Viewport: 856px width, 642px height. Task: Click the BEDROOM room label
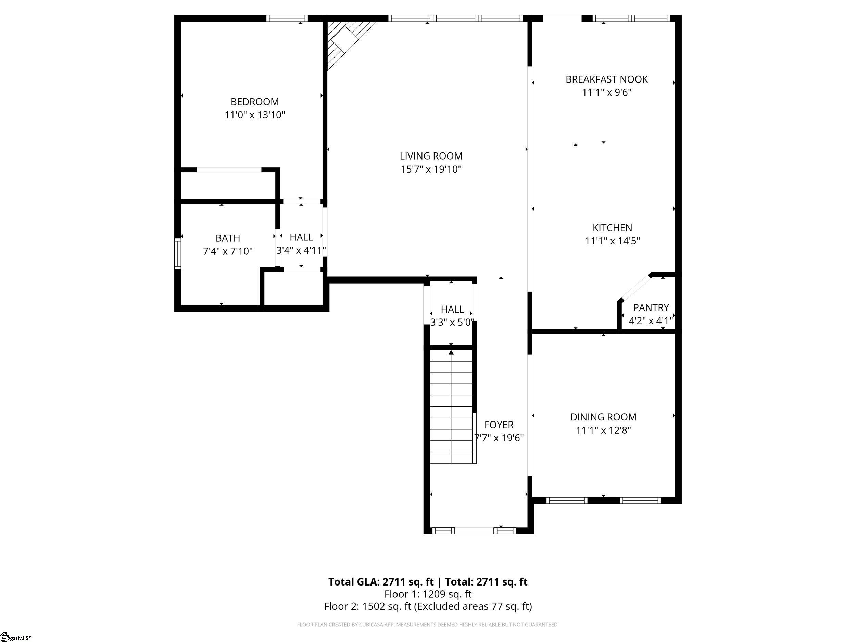click(x=255, y=102)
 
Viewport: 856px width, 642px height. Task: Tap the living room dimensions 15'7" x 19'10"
click(x=431, y=169)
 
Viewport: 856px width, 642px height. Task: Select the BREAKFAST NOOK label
click(x=606, y=79)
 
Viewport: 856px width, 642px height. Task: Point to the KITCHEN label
click(x=612, y=228)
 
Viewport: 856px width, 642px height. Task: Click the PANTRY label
click(x=651, y=308)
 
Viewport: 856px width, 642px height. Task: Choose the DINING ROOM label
click(x=603, y=417)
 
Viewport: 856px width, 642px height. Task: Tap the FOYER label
click(x=499, y=425)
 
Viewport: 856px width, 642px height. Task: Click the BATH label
click(x=228, y=238)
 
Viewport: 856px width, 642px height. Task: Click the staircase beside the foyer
click(x=451, y=406)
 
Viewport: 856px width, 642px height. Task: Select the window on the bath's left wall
click(x=178, y=253)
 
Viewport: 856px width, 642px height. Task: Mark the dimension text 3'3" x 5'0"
click(x=452, y=322)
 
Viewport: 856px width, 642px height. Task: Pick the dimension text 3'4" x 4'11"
click(x=301, y=250)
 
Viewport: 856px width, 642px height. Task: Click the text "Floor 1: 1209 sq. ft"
click(x=428, y=594)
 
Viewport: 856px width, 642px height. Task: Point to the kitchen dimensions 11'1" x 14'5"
click(x=612, y=241)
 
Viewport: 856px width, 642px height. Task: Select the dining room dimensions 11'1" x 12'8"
click(x=603, y=430)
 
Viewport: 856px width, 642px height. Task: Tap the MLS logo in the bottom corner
click(x=15, y=637)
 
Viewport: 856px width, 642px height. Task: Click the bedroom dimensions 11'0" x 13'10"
click(x=255, y=115)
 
